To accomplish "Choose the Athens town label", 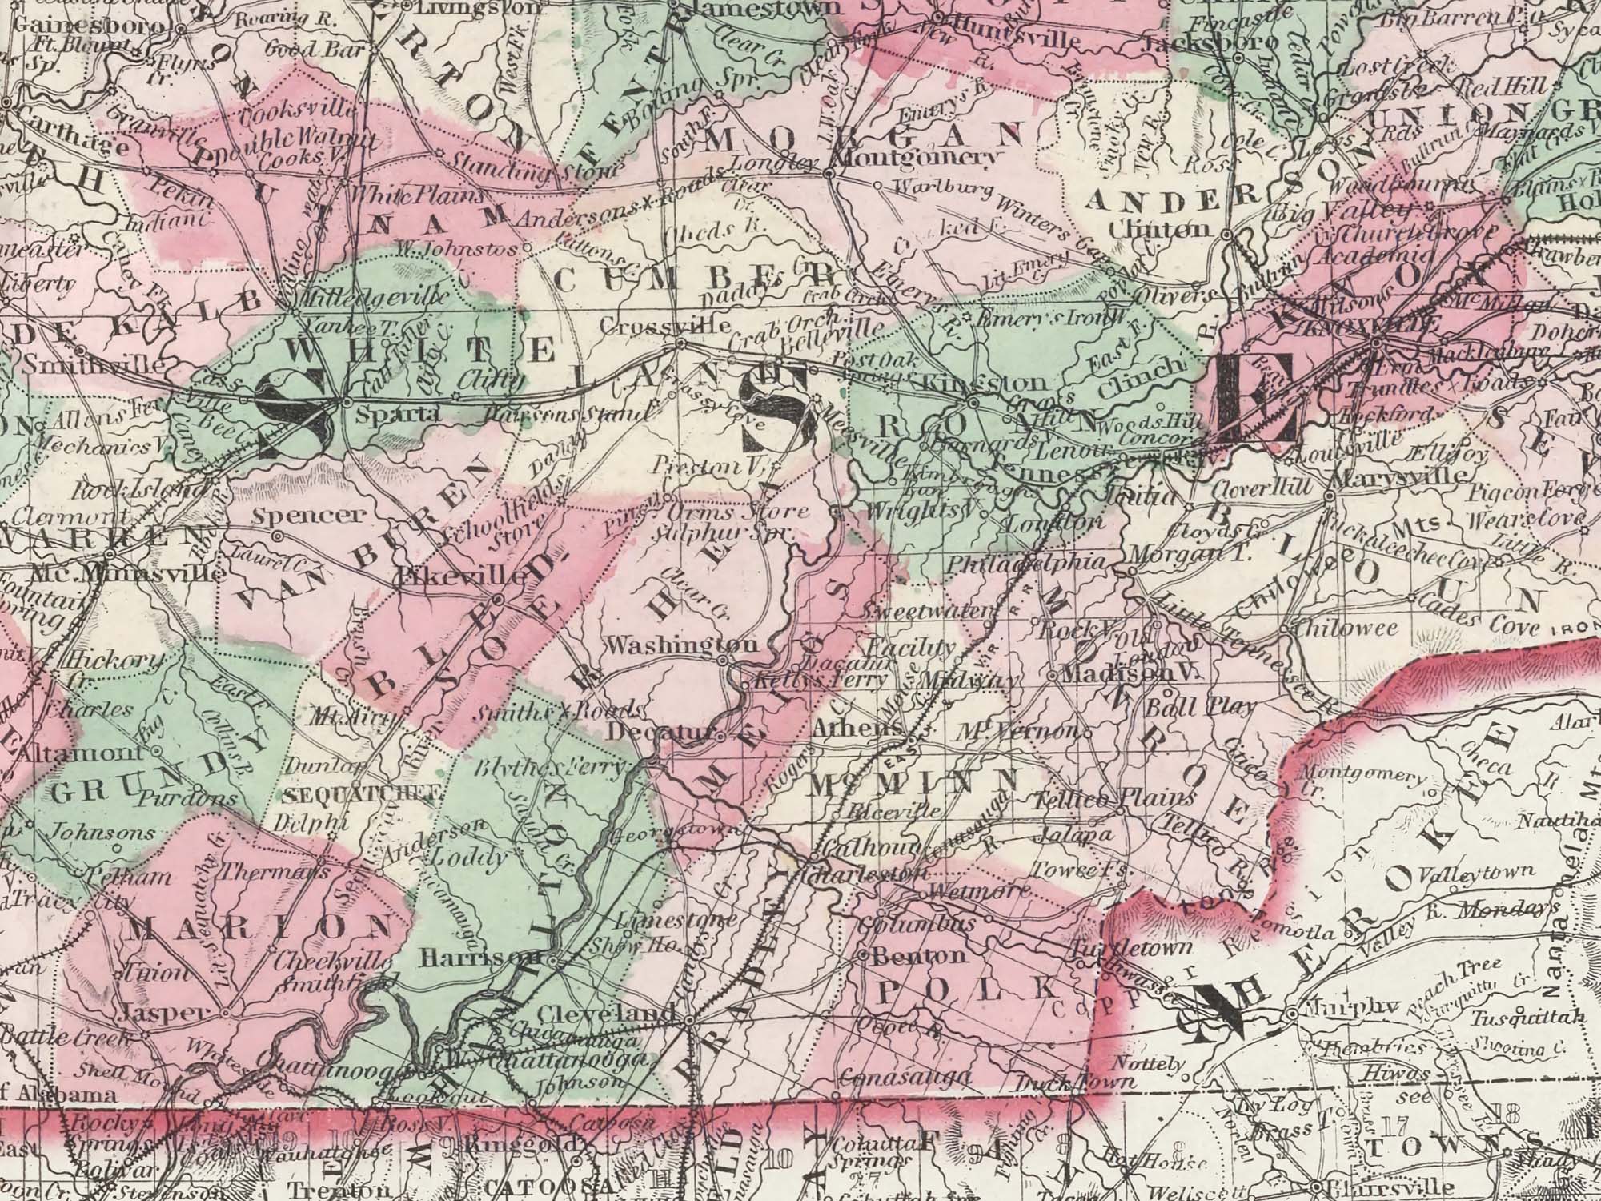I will click(858, 730).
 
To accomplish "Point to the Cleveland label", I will click(607, 1014).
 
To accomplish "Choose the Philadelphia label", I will click(1029, 564).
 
